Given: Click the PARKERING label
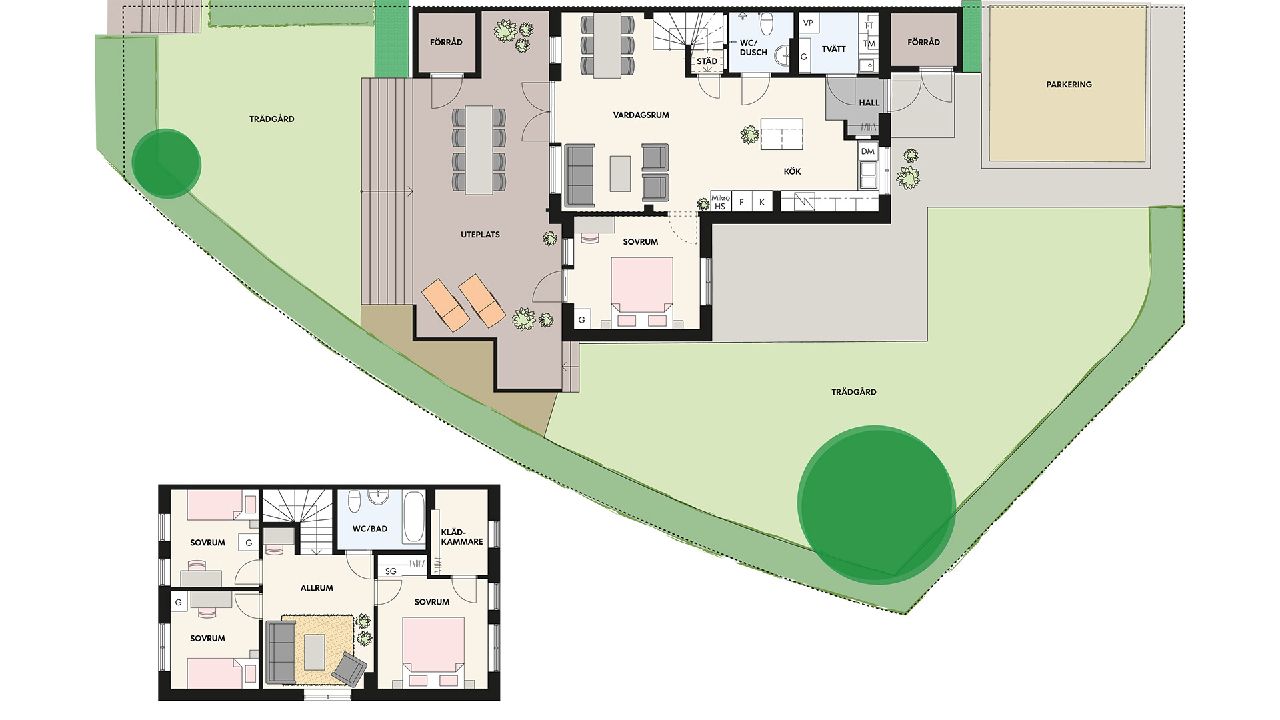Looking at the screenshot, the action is (x=1069, y=85).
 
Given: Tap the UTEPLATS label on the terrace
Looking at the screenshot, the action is (x=480, y=235).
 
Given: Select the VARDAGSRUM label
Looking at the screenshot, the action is (x=641, y=115).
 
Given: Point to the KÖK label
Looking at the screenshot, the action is (x=792, y=171).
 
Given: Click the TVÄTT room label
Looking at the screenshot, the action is (x=833, y=49).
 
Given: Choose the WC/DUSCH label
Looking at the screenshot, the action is (x=753, y=48).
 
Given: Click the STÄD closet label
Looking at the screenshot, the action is (x=707, y=61).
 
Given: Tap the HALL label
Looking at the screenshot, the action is (x=869, y=103).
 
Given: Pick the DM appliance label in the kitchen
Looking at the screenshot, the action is (x=867, y=151).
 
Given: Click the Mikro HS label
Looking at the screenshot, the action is (x=720, y=202).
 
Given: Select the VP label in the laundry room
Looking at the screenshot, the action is (x=808, y=23).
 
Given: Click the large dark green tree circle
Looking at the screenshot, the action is (x=877, y=505).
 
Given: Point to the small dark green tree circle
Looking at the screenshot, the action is (x=166, y=163).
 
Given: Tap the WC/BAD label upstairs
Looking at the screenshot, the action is (x=370, y=529).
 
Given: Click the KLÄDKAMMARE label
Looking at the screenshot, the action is (x=461, y=537).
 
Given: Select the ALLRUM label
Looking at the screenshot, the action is (x=317, y=588).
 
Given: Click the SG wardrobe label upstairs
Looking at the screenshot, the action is (x=391, y=571).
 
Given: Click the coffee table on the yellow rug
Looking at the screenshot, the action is (x=315, y=652).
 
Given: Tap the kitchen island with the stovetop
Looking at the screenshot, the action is (x=781, y=134).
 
